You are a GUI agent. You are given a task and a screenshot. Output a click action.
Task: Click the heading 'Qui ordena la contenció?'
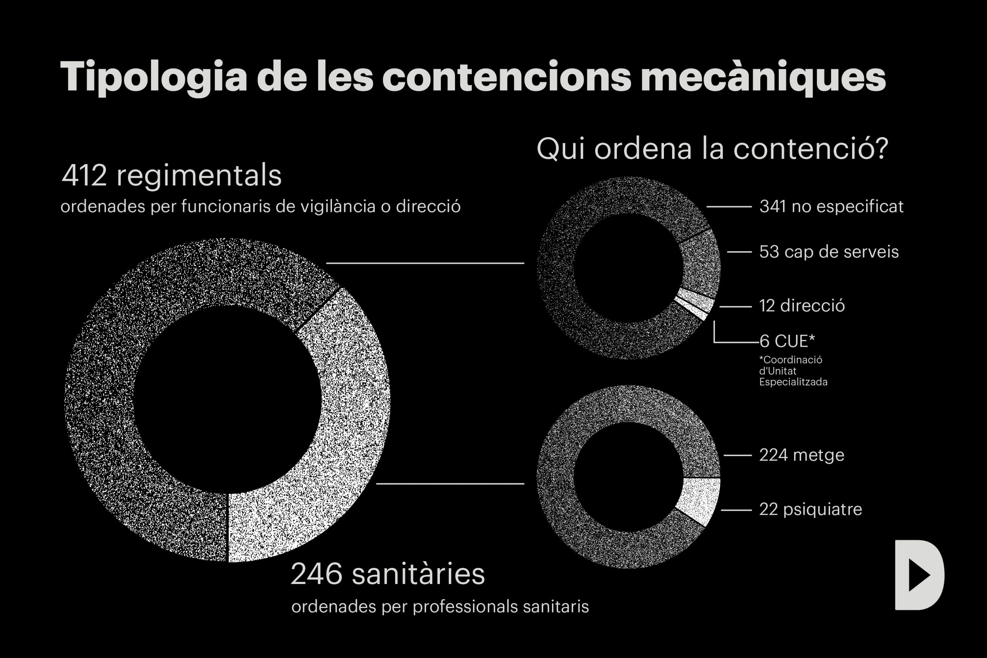[712, 149]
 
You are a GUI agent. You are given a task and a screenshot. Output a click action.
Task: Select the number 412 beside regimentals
[84, 175]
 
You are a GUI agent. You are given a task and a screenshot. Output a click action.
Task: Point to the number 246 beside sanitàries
[316, 574]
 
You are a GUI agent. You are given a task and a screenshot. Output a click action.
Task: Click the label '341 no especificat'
[831, 206]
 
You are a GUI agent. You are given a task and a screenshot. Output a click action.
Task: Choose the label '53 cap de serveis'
[829, 252]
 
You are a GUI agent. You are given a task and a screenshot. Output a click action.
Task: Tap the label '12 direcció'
[802, 305]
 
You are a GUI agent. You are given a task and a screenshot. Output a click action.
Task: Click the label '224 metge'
[802, 455]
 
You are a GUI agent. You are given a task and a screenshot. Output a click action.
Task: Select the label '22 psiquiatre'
[810, 509]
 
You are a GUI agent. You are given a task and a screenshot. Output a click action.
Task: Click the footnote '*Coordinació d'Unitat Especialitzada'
[793, 371]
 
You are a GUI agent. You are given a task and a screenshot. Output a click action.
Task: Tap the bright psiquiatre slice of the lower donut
[699, 499]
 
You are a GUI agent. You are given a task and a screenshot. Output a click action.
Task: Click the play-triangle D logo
[920, 575]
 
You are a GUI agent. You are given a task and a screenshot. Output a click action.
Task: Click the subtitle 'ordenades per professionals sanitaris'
[440, 607]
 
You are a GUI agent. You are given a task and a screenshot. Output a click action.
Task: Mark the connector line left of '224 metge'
[738, 455]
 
